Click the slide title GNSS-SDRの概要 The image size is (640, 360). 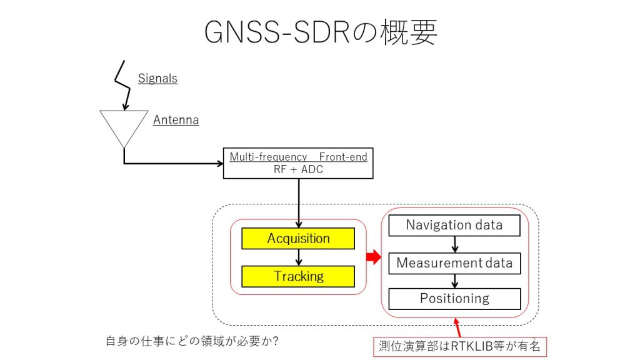321,32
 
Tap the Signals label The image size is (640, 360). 157,78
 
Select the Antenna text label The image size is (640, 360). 176,120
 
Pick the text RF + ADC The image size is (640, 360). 298,169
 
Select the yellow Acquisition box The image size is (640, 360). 298,238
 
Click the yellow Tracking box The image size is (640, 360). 298,276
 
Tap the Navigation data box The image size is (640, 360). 454,225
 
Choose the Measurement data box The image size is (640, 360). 454,263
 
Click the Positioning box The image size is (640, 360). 454,299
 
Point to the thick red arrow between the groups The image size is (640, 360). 374,257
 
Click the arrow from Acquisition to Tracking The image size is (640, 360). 299,257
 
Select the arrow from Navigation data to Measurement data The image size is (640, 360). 455,244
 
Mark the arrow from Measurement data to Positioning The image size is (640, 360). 455,281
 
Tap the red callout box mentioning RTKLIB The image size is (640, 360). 460,346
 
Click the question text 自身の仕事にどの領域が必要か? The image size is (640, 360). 192,341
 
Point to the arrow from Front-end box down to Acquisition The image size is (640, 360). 299,203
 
